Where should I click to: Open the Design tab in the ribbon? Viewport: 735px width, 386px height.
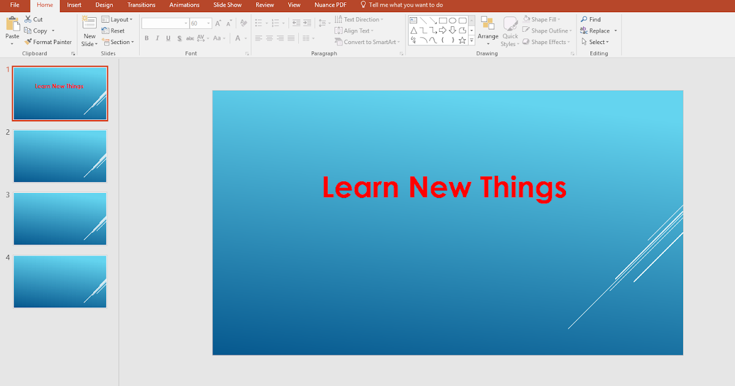[104, 5]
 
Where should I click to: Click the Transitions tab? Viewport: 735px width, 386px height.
[141, 5]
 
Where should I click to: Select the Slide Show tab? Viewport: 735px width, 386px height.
[227, 5]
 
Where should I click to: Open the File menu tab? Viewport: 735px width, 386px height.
[15, 5]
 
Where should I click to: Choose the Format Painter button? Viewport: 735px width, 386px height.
[48, 42]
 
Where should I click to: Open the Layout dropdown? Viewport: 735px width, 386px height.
[117, 20]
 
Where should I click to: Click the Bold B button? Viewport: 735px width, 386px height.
[146, 38]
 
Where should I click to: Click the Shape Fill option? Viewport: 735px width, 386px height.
[543, 20]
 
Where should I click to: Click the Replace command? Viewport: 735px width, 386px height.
[598, 31]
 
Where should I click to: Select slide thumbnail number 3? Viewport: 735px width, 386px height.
[60, 219]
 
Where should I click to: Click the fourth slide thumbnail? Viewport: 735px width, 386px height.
[60, 282]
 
